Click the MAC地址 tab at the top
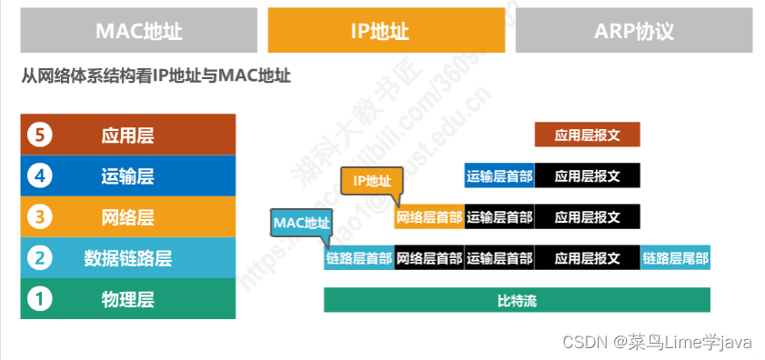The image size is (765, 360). click(x=139, y=31)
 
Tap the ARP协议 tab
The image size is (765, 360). click(x=633, y=31)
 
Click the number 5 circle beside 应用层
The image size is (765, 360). click(x=39, y=135)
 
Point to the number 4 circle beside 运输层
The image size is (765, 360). click(x=39, y=175)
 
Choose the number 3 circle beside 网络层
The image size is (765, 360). click(x=39, y=217)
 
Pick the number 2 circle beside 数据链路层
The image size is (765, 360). click(x=39, y=258)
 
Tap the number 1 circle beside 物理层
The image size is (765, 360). click(x=39, y=298)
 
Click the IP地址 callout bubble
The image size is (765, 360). click(x=371, y=180)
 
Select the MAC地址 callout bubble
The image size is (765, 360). click(x=302, y=222)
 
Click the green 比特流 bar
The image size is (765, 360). click(x=516, y=300)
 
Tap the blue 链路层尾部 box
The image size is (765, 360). click(x=675, y=258)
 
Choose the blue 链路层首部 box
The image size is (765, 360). click(x=359, y=258)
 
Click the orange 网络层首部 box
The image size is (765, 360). click(x=429, y=217)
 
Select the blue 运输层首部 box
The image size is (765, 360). click(x=499, y=176)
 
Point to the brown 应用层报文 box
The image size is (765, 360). click(x=587, y=135)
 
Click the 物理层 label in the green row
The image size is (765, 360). click(x=127, y=298)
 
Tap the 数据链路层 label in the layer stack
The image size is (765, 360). click(x=127, y=258)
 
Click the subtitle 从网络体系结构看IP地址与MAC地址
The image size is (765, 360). click(x=155, y=76)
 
